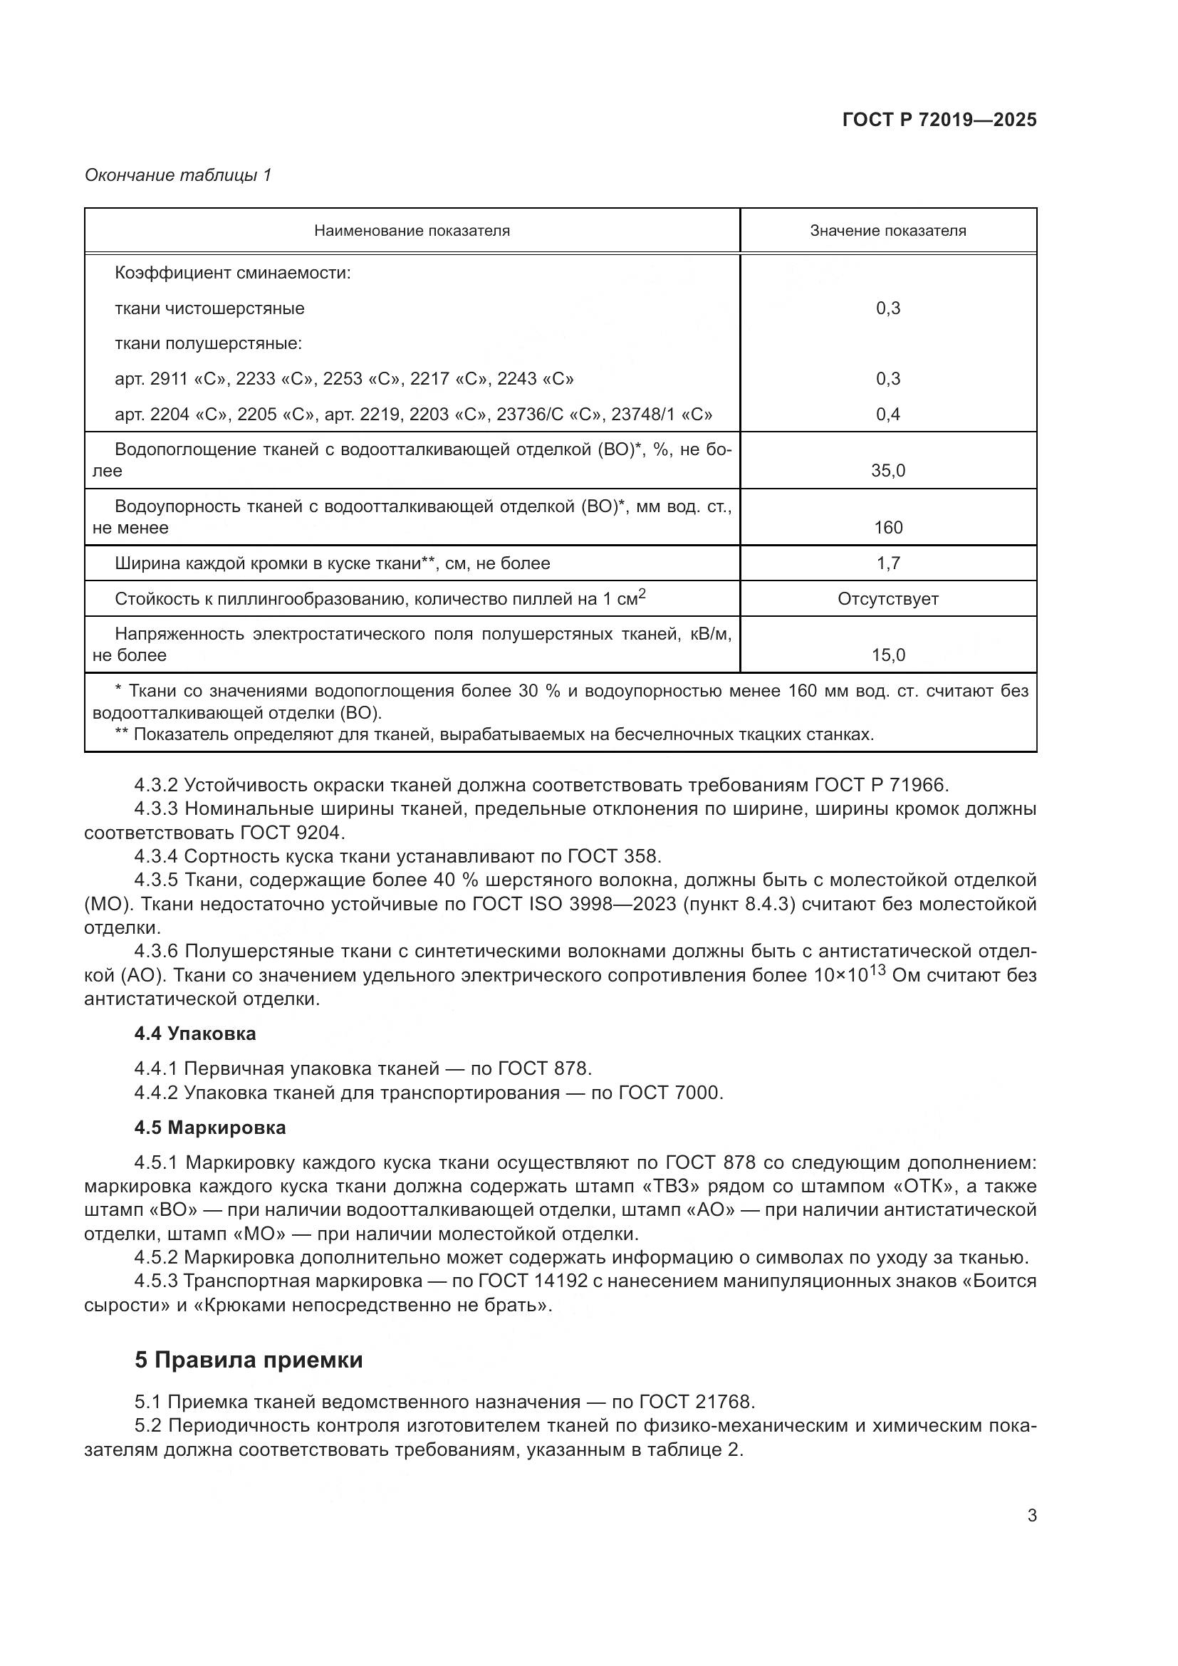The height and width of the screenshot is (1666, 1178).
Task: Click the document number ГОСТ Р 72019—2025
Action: click(939, 120)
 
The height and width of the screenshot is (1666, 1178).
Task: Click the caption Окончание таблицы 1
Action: click(178, 175)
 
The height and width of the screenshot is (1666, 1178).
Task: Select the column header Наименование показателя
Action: click(411, 231)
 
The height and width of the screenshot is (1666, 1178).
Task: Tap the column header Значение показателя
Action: click(888, 231)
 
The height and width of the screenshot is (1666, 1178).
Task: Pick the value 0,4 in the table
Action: click(888, 415)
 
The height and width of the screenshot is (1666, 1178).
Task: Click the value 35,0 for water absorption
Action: click(888, 471)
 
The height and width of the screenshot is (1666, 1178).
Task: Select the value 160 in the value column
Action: click(888, 528)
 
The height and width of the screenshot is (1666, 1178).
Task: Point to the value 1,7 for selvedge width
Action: click(888, 563)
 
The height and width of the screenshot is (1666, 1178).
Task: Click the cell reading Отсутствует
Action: click(888, 599)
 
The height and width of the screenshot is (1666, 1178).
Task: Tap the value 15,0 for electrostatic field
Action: click(888, 655)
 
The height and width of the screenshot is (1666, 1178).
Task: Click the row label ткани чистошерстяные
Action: click(209, 308)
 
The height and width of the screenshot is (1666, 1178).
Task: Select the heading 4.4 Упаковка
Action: click(195, 1034)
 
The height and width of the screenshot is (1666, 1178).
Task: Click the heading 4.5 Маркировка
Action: click(209, 1128)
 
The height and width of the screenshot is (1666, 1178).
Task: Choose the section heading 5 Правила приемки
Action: click(248, 1360)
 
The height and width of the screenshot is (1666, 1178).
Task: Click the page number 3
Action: click(1031, 1516)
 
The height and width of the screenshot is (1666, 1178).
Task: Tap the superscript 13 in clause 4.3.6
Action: click(877, 969)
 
